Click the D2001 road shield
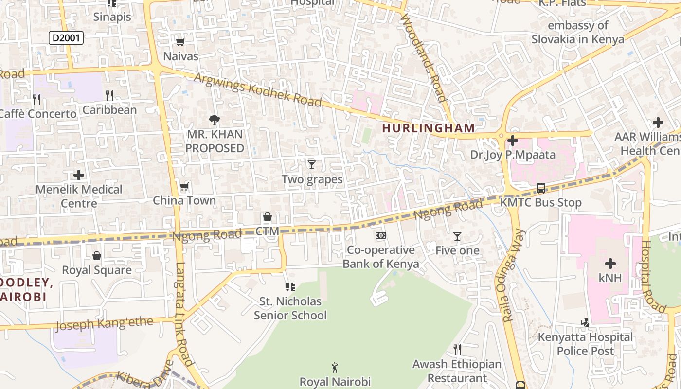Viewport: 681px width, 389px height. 66,38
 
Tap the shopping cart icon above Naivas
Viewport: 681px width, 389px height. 180,42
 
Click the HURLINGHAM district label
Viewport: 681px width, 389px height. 428,128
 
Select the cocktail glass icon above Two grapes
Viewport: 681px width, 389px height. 312,165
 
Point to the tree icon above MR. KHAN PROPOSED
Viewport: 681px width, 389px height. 214,120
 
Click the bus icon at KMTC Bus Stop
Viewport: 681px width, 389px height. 540,188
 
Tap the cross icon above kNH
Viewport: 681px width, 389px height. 610,264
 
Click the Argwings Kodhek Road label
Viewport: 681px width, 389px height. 258,90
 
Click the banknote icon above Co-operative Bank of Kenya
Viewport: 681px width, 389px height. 381,235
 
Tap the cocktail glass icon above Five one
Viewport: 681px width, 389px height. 457,236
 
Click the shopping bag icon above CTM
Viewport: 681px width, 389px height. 267,217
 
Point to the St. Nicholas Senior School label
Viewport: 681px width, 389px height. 290,308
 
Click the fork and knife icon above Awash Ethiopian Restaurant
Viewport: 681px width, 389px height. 457,349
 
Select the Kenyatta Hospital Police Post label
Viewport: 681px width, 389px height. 585,344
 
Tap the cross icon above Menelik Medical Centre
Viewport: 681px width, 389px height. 79,175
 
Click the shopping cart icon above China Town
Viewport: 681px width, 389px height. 184,187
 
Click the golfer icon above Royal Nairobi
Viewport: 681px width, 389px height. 335,368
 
